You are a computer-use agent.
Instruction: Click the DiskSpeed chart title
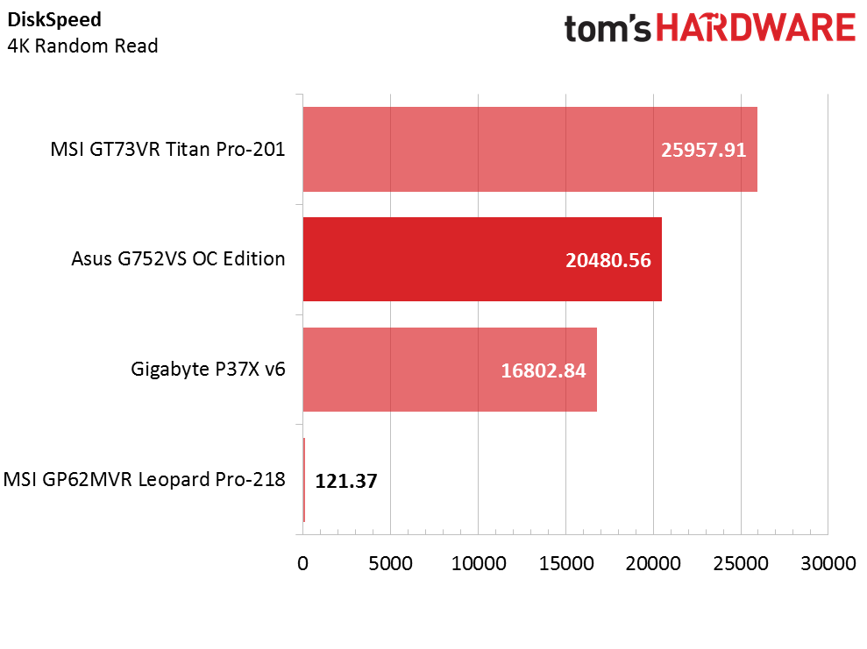[x=54, y=20]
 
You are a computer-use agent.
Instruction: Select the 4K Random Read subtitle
[x=83, y=46]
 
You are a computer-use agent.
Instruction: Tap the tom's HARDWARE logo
[x=710, y=29]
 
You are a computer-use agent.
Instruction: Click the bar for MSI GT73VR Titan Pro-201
[x=529, y=149]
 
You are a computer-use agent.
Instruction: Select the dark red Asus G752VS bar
[x=482, y=259]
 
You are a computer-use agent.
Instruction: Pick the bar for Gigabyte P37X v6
[x=450, y=370]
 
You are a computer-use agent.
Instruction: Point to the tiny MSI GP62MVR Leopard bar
[x=304, y=479]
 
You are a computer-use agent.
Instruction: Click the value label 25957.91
[x=703, y=151]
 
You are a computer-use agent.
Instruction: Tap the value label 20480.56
[x=608, y=260]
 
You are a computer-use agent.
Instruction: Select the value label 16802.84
[x=543, y=370]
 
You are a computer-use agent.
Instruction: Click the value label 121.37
[x=346, y=481]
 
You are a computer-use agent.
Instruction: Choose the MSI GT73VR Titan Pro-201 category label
[x=167, y=149]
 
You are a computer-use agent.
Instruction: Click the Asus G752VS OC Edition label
[x=178, y=259]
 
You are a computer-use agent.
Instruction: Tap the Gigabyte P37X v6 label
[x=208, y=369]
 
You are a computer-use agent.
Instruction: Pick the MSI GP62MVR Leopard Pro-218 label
[x=145, y=479]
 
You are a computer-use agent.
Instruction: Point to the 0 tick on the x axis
[x=302, y=563]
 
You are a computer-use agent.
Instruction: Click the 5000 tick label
[x=390, y=563]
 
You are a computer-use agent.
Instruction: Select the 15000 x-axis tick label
[x=566, y=563]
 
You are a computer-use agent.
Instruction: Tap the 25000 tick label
[x=741, y=563]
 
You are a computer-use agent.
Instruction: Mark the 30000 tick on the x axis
[x=828, y=563]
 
